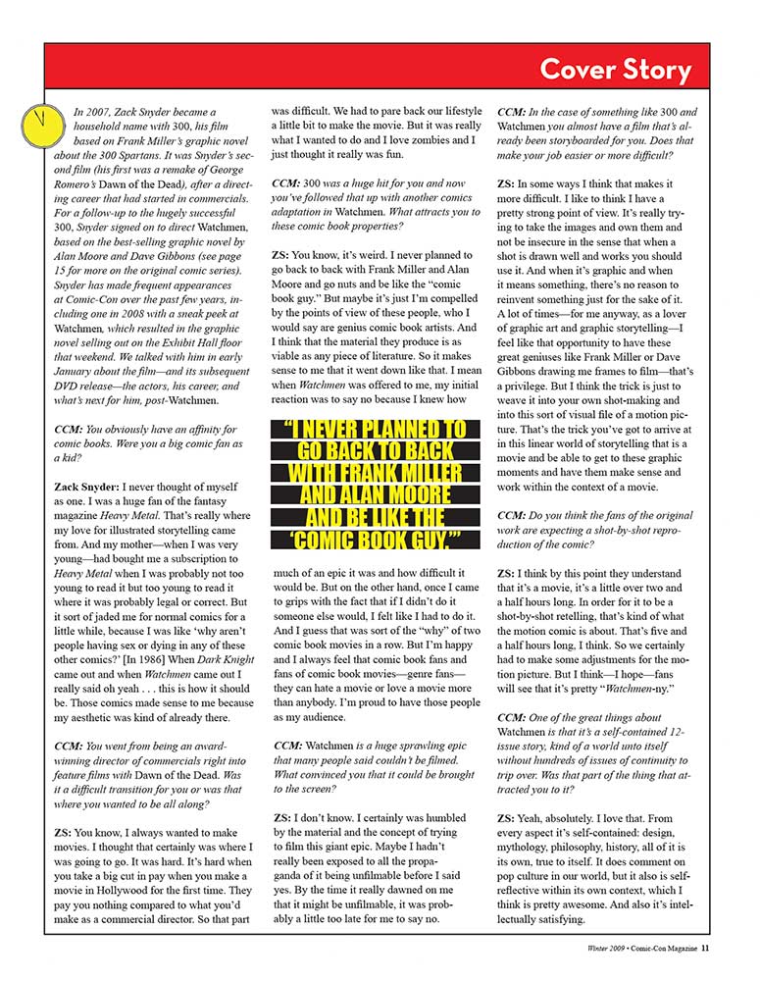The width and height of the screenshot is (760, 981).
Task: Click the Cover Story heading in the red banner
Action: point(615,71)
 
